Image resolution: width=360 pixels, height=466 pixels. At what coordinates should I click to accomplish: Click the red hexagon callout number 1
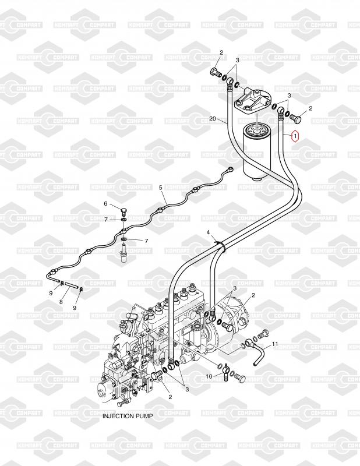(x=295, y=136)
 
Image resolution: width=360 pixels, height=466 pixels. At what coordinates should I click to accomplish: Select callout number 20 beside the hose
(x=212, y=119)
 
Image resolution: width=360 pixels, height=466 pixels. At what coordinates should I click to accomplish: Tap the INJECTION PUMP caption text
(x=128, y=416)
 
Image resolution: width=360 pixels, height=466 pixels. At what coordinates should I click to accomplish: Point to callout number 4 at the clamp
(x=209, y=232)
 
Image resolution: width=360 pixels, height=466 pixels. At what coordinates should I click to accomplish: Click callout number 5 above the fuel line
(x=161, y=188)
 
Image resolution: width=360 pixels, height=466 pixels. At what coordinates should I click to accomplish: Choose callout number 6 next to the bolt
(x=105, y=203)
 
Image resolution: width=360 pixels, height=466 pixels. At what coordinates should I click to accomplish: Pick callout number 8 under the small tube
(x=61, y=302)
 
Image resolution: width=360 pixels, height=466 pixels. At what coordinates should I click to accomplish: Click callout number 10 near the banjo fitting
(x=209, y=376)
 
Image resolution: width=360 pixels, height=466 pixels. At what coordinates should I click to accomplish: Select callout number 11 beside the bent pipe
(x=275, y=344)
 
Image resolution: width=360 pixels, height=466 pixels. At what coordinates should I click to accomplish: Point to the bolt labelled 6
(x=123, y=212)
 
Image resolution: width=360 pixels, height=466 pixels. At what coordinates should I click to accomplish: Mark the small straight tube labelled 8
(x=70, y=285)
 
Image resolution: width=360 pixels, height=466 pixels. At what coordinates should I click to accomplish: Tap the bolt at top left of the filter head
(x=215, y=72)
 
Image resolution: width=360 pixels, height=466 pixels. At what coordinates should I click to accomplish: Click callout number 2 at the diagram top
(x=221, y=52)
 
